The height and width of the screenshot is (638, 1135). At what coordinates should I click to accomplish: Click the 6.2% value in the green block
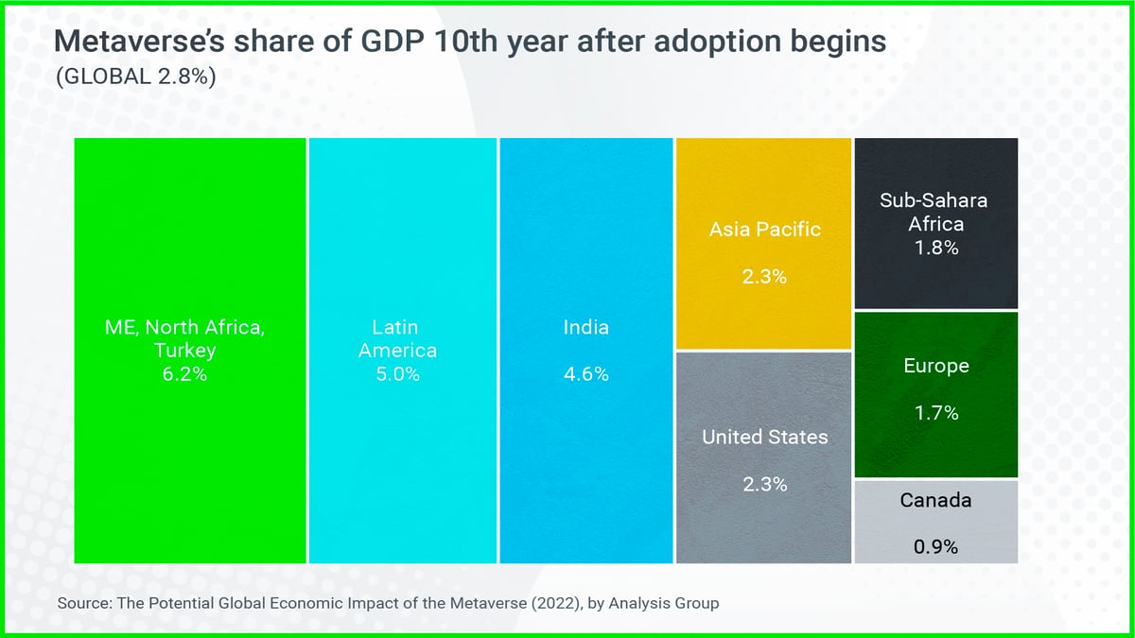pos(183,374)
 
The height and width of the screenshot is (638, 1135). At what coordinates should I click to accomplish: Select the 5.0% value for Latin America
pos(397,374)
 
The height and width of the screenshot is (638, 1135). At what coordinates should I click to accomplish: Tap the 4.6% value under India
pos(586,374)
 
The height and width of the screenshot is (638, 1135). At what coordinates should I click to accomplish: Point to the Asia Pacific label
pos(765,230)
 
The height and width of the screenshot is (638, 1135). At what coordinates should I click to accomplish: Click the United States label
pos(764,437)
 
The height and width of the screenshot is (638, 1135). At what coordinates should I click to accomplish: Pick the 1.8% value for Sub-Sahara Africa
pos(935,249)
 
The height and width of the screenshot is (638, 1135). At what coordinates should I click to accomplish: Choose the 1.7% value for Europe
pos(935,413)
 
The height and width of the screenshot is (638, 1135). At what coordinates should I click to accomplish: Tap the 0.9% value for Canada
pos(935,546)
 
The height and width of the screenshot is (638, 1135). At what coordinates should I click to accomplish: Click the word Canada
pos(935,499)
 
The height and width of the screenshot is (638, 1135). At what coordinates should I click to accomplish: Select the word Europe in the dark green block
pos(935,366)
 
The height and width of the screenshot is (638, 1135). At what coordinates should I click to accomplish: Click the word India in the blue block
pos(586,328)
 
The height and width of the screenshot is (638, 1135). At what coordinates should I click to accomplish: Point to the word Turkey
pos(183,351)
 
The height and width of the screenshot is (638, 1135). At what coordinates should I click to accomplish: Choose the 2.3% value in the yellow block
pos(765,278)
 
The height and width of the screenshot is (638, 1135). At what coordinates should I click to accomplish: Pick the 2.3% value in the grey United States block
pos(764,485)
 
